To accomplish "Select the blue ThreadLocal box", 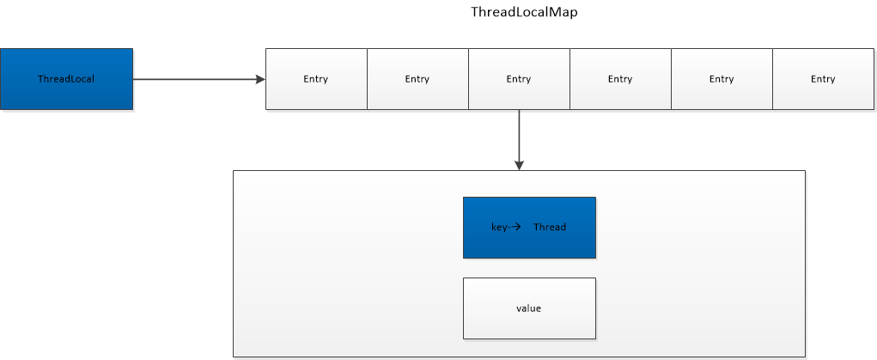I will pyautogui.click(x=66, y=79).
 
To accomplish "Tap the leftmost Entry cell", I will pyautogui.click(x=316, y=79).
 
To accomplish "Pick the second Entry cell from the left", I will pyautogui.click(x=417, y=79).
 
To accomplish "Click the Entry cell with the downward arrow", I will pyautogui.click(x=519, y=79).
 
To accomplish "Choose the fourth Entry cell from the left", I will pyautogui.click(x=620, y=79).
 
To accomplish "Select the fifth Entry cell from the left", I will pyautogui.click(x=722, y=79).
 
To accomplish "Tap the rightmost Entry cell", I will pyautogui.click(x=823, y=79).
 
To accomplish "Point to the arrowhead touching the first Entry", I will pyautogui.click(x=261, y=79).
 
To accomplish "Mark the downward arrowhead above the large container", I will pyautogui.click(x=519, y=165).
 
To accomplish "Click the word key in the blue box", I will pyautogui.click(x=499, y=228).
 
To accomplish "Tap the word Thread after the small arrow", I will pyautogui.click(x=550, y=228).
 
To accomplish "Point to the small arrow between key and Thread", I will pyautogui.click(x=516, y=228).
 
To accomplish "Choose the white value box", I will pyautogui.click(x=529, y=308).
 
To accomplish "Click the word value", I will pyautogui.click(x=529, y=308).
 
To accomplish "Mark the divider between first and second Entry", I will pyautogui.click(x=367, y=79).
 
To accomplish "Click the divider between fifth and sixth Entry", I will pyautogui.click(x=772, y=79).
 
